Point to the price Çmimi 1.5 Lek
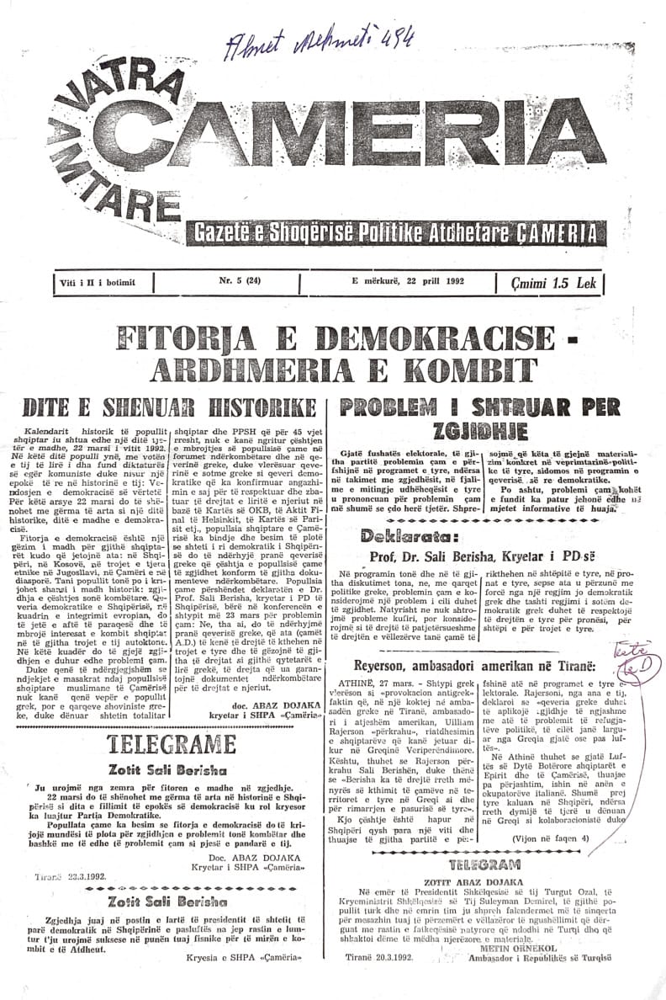[x=558, y=283]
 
